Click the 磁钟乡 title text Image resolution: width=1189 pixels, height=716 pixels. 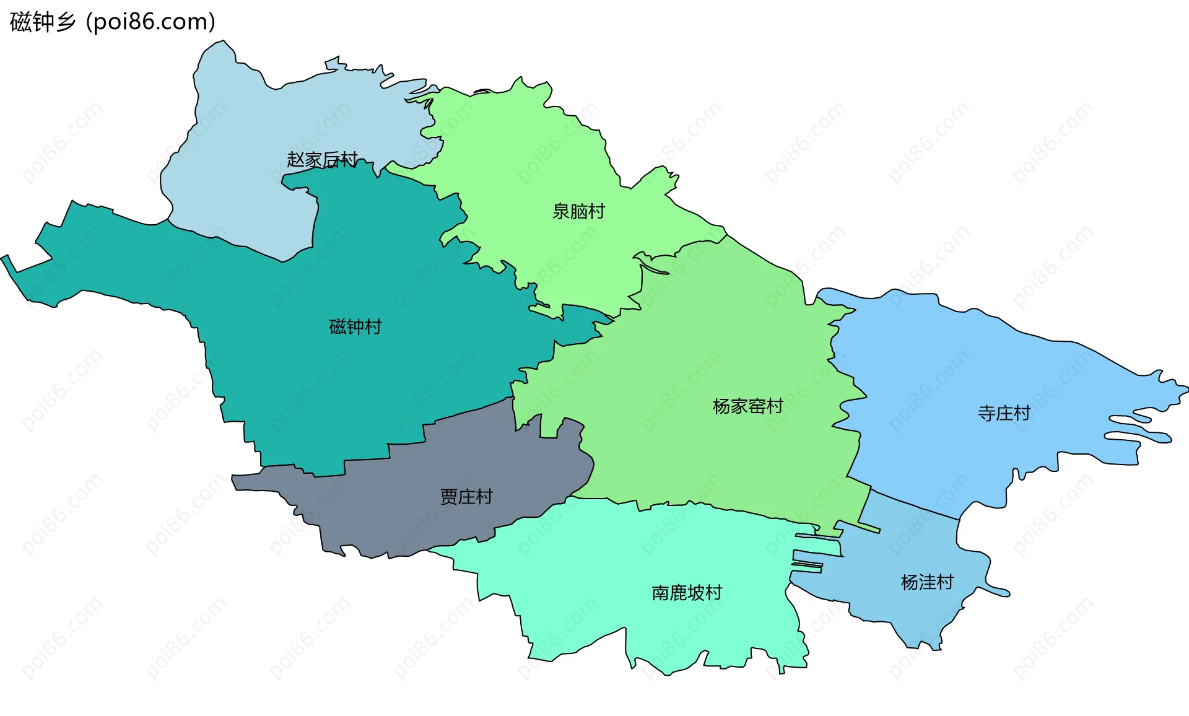coord(42,22)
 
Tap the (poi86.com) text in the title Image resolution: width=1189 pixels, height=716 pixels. coord(150,22)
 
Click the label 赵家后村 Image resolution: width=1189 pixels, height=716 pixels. coord(322,160)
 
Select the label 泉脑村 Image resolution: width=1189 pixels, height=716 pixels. coord(578,212)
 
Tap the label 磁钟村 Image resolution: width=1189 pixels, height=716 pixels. coord(355,326)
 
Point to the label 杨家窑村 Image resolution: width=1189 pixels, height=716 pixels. coord(747,406)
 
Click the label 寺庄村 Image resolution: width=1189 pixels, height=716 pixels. coord(1004,413)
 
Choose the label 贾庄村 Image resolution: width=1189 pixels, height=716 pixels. coord(466,497)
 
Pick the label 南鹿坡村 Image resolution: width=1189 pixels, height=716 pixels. coord(687,593)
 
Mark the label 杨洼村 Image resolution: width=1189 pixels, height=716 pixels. coord(927,582)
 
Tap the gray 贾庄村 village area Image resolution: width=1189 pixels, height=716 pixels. coord(403,508)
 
